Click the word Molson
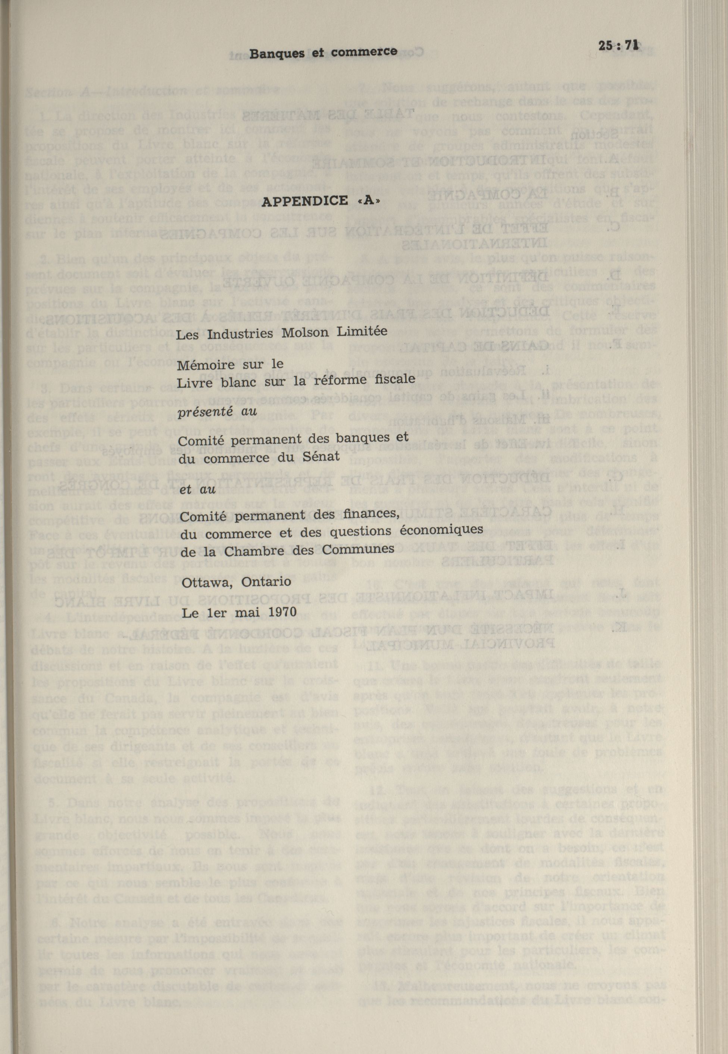point(305,332)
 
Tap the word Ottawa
point(208,583)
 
